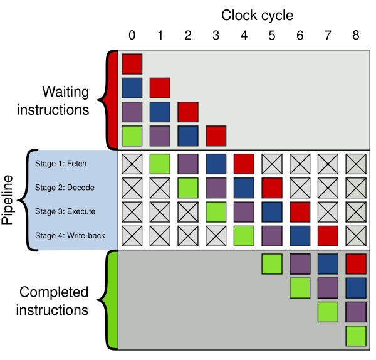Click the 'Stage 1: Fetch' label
[x=61, y=164]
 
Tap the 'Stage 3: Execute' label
[x=65, y=211]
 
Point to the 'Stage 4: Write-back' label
[x=70, y=236]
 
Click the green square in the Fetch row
[x=160, y=164]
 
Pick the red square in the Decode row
[x=271, y=188]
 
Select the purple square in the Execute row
[x=244, y=212]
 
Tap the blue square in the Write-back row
[x=300, y=236]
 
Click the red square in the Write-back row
[x=328, y=236]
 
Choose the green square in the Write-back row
[x=244, y=236]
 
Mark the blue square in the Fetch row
[x=216, y=164]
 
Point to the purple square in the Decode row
[x=216, y=188]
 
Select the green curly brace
[x=112, y=300]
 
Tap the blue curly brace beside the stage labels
[x=26, y=199]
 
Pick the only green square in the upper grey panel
[x=132, y=135]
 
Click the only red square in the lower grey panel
[x=355, y=263]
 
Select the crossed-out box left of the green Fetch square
[x=132, y=164]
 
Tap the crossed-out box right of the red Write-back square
[x=355, y=236]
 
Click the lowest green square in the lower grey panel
[x=355, y=336]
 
